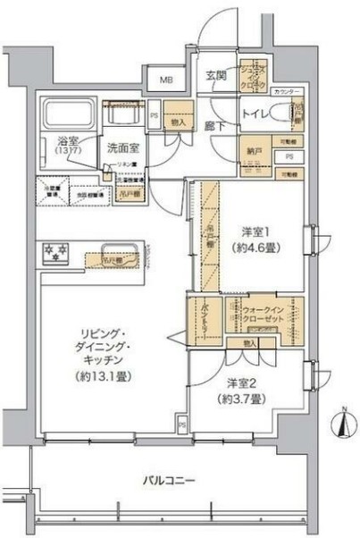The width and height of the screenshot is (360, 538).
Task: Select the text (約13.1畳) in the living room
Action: tap(105, 377)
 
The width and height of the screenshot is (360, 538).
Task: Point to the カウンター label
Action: tap(288, 93)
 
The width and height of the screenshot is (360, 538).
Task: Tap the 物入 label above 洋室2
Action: tap(250, 344)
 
